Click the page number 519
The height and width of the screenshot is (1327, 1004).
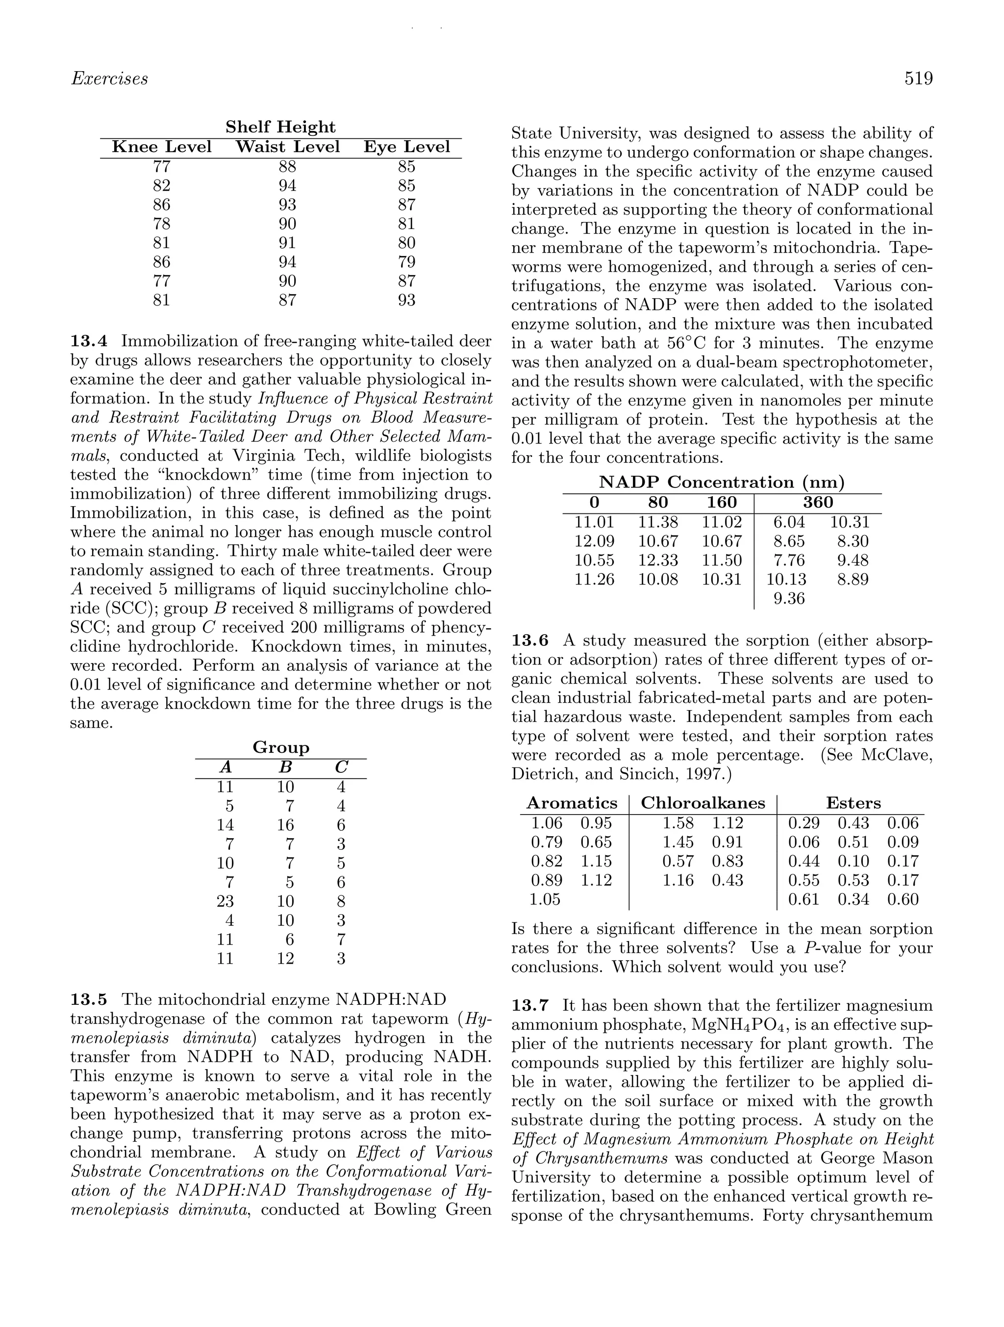pyautogui.click(x=918, y=78)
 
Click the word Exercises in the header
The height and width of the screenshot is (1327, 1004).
pyautogui.click(x=109, y=78)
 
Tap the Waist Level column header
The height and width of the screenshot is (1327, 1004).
pyautogui.click(x=287, y=147)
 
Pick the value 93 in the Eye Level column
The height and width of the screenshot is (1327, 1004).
pyautogui.click(x=406, y=300)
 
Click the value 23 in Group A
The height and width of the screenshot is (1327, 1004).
pyautogui.click(x=225, y=901)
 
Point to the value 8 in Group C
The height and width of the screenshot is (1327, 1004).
pyautogui.click(x=341, y=901)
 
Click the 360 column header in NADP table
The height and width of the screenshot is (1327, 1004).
pyautogui.click(x=818, y=502)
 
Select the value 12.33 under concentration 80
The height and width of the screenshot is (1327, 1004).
pyautogui.click(x=658, y=561)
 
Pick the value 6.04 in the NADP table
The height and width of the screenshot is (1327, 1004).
pyautogui.click(x=789, y=522)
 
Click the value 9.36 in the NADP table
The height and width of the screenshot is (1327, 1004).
pyautogui.click(x=789, y=599)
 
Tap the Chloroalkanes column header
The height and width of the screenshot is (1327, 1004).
pyautogui.click(x=703, y=803)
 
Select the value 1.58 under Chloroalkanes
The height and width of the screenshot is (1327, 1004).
pyautogui.click(x=678, y=823)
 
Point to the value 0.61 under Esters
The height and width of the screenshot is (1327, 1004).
pyautogui.click(x=803, y=899)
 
